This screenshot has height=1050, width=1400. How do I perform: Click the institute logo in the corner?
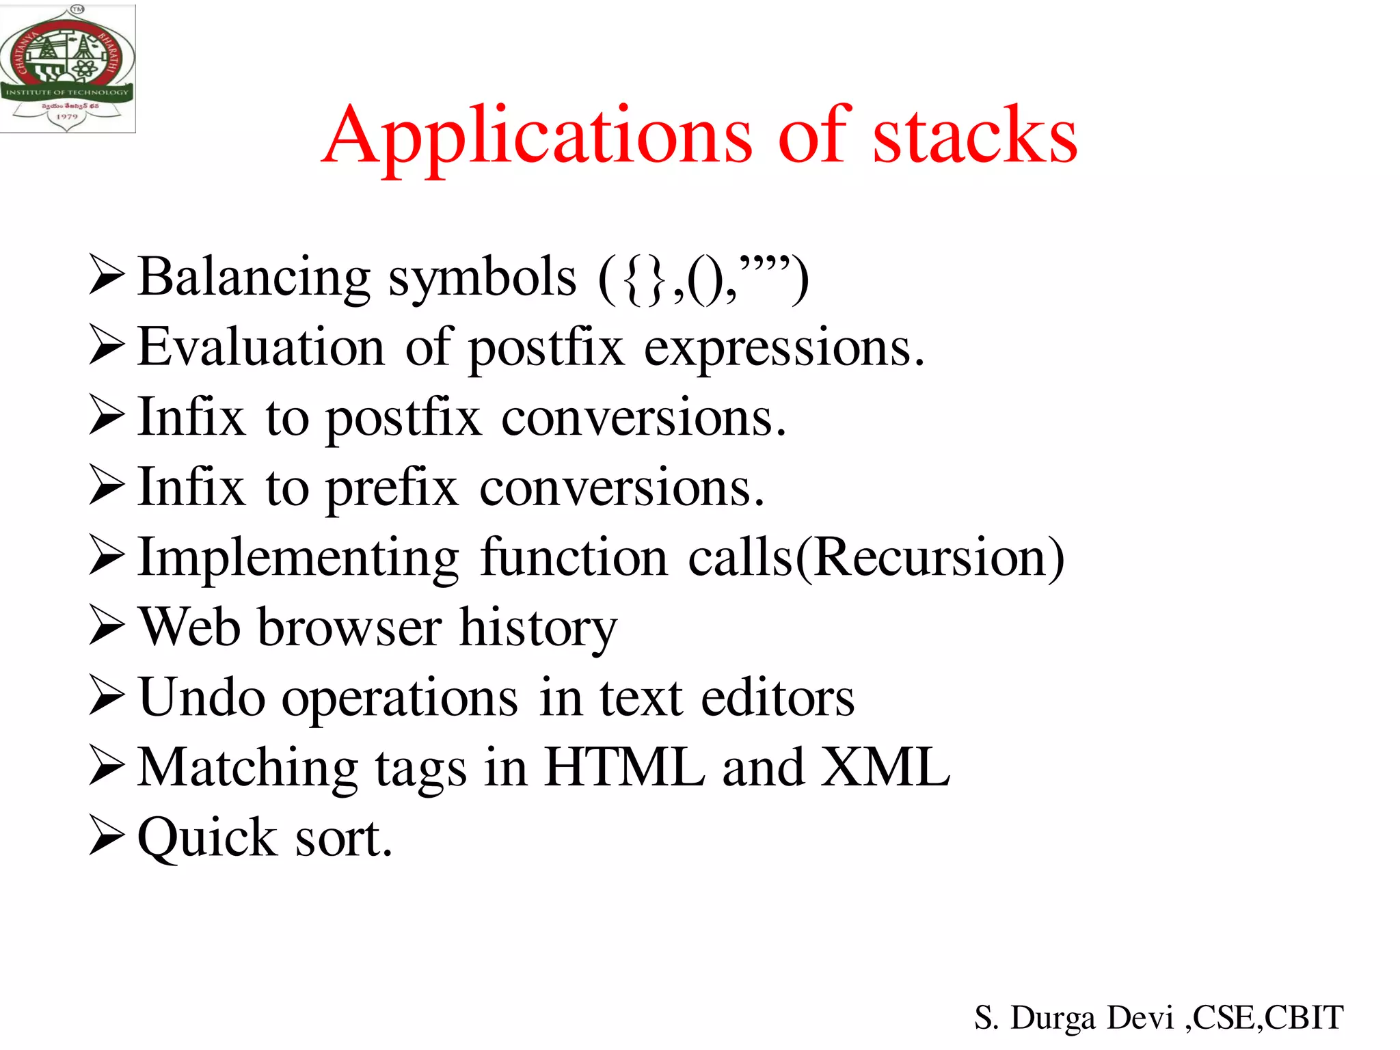[x=67, y=68]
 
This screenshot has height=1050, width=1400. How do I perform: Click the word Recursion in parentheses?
[x=930, y=558]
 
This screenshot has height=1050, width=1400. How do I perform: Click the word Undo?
[x=202, y=698]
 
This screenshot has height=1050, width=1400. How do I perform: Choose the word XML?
[x=885, y=768]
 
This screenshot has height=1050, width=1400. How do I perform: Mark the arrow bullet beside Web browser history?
[x=107, y=628]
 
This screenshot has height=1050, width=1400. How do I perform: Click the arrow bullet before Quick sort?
[x=107, y=837]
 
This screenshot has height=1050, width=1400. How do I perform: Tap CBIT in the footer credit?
[x=1304, y=1018]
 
